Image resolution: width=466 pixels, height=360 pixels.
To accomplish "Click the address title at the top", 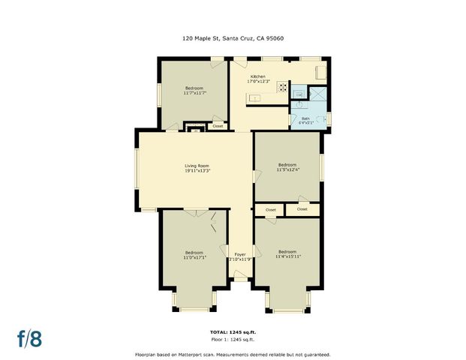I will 233,37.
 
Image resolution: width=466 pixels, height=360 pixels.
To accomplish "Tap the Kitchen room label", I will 258,76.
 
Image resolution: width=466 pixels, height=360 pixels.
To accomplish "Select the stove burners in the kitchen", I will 283,87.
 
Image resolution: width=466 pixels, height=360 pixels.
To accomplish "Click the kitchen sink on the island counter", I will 255,98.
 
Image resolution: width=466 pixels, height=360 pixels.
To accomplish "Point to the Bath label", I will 305,118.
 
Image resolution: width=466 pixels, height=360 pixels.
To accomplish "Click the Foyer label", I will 240,254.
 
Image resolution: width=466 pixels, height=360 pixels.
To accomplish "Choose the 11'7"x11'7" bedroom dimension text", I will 194,93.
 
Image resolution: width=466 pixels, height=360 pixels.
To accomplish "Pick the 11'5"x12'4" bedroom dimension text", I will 287,169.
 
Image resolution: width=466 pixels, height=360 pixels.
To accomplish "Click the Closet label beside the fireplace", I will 218,126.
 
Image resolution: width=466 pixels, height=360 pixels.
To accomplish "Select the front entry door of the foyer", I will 240,278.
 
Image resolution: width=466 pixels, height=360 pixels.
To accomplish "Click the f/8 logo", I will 30,338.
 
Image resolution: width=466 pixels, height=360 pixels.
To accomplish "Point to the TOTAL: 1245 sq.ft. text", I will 232,331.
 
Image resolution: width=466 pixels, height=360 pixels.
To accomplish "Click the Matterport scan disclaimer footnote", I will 232,354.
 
